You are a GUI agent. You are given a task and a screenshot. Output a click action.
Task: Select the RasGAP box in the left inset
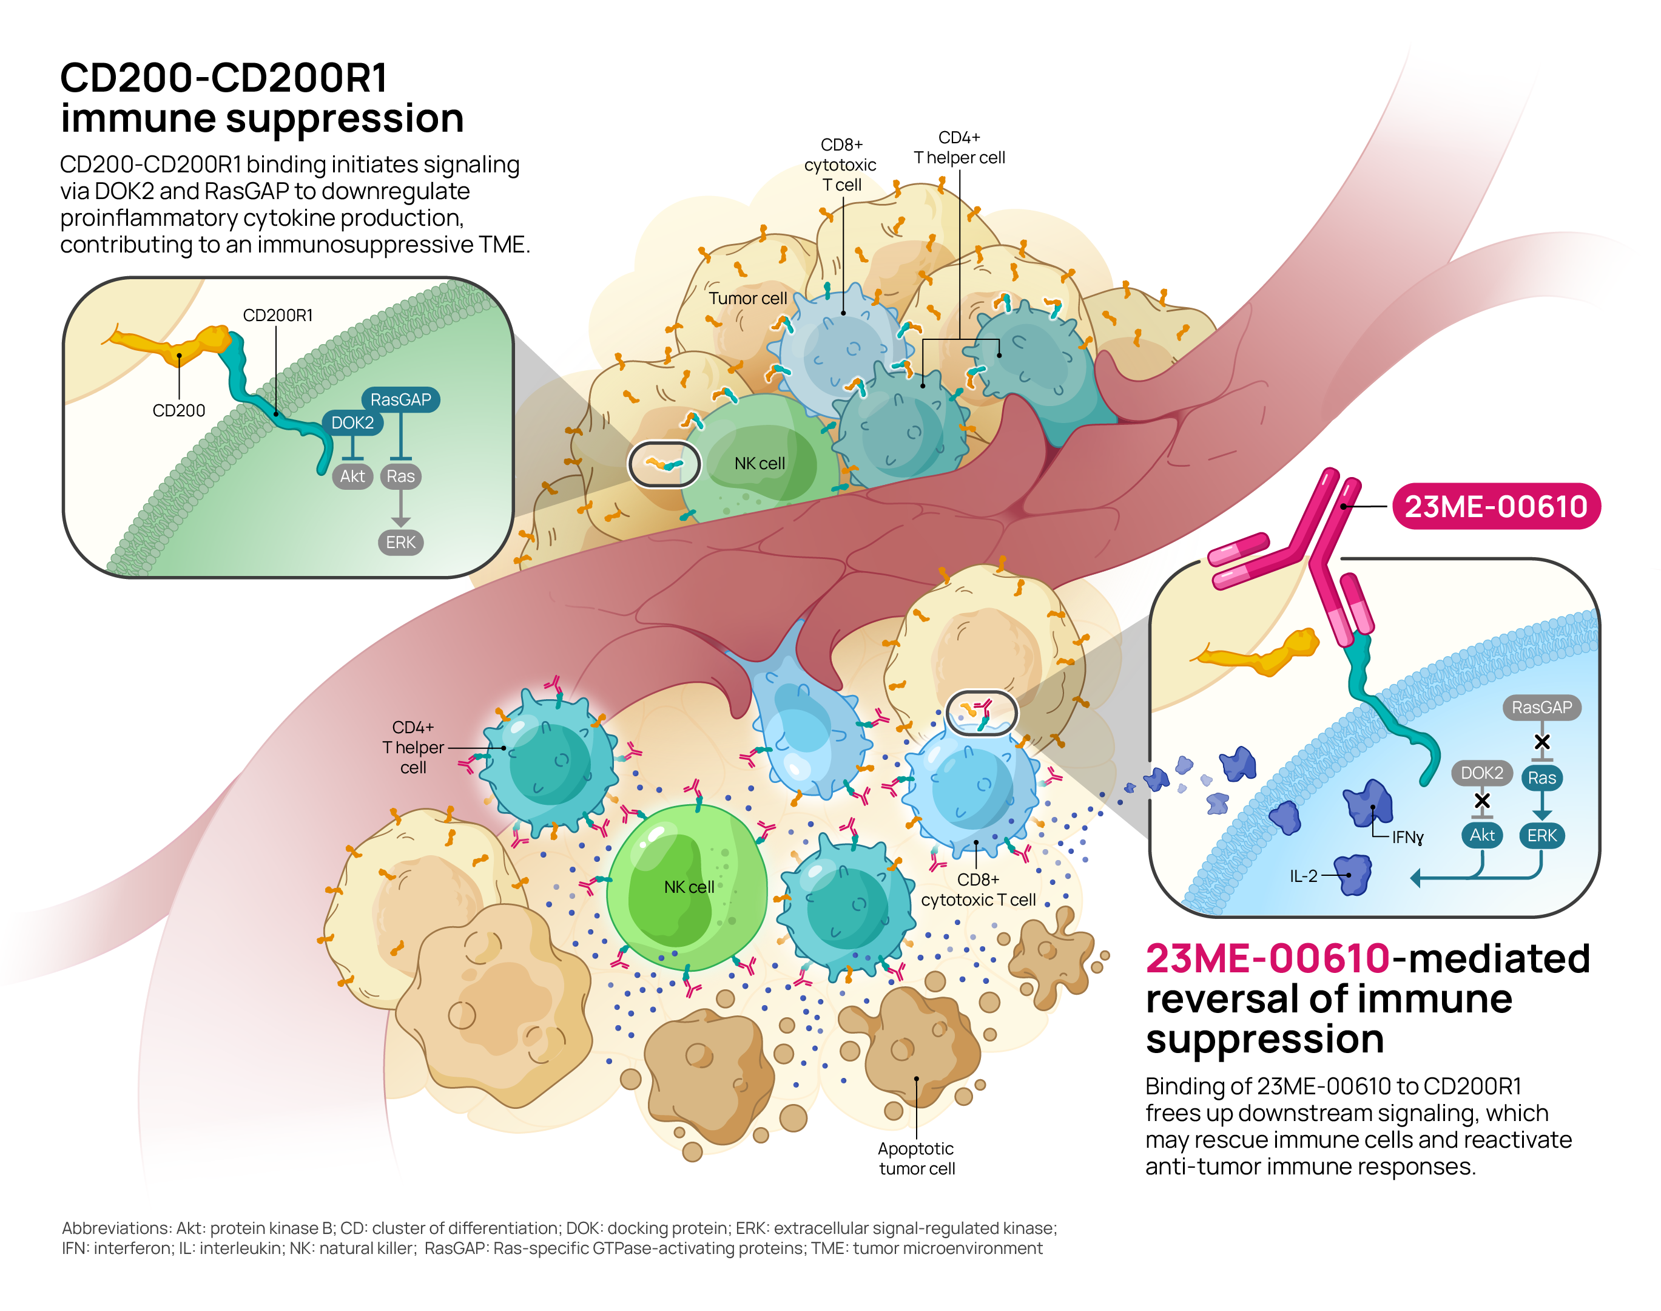[x=400, y=399]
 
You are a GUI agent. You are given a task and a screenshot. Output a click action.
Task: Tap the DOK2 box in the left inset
[x=352, y=423]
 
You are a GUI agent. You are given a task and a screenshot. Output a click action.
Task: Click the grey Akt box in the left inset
[x=352, y=476]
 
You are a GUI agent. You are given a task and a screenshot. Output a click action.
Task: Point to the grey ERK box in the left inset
[x=400, y=542]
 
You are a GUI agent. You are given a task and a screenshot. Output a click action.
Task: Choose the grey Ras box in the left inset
[x=400, y=476]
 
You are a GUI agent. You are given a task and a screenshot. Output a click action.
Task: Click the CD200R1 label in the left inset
[x=277, y=315]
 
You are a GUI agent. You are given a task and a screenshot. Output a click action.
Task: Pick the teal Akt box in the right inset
[x=1481, y=835]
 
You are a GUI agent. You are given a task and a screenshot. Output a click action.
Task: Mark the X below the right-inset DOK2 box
[x=1481, y=801]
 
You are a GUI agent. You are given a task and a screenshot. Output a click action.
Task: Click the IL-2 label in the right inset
[x=1302, y=876]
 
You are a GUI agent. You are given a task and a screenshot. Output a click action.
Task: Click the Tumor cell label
[x=747, y=298]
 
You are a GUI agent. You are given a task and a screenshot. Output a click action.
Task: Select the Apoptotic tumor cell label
[x=916, y=1158]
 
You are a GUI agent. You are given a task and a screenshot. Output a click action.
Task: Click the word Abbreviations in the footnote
[x=116, y=1228]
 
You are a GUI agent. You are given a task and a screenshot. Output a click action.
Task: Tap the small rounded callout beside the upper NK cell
[x=664, y=464]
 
